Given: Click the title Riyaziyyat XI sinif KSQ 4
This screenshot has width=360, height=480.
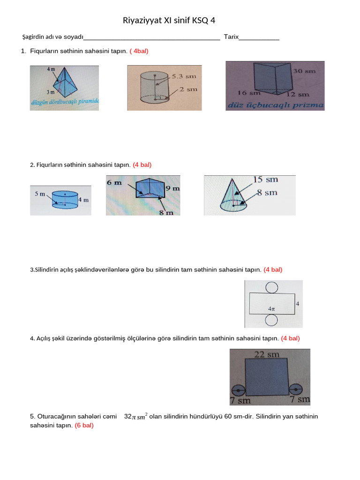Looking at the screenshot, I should (x=169, y=20).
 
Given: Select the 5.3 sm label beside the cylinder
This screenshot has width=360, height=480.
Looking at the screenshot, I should (x=180, y=75).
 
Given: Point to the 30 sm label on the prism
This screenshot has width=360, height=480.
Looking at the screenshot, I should (x=304, y=71).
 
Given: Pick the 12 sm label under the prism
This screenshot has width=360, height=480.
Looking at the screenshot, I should (x=300, y=94).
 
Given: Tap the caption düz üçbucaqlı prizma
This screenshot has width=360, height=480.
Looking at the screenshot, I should (x=275, y=105).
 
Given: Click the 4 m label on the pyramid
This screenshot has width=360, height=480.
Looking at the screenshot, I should (x=51, y=69).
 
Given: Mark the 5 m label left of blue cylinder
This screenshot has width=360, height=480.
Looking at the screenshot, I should (x=40, y=193).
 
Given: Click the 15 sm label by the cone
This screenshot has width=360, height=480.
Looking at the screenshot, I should (x=265, y=180).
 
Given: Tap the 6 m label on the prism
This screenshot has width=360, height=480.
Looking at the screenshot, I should (x=114, y=182).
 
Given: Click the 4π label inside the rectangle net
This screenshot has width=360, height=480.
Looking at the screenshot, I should (x=271, y=309).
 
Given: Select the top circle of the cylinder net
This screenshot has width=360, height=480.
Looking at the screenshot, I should (x=271, y=286).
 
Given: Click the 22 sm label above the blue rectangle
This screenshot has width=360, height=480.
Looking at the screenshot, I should (x=267, y=354).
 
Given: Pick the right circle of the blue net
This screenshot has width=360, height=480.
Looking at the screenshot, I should (x=296, y=389).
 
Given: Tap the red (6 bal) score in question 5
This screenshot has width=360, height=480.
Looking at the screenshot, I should (x=84, y=426).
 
